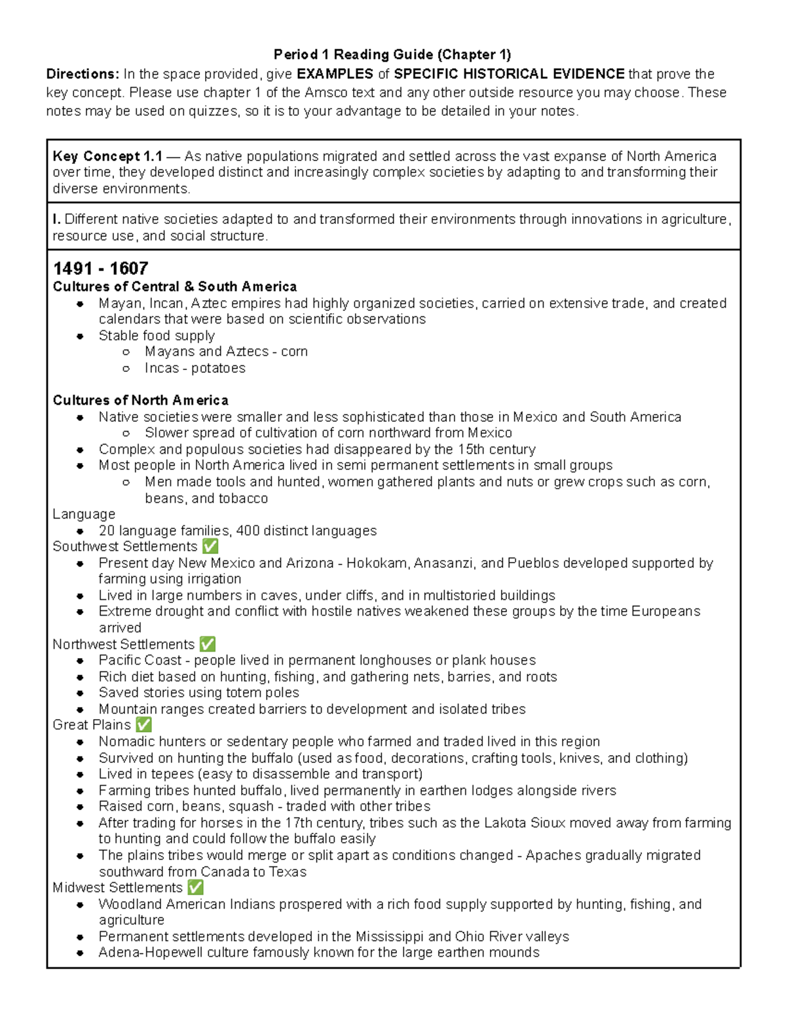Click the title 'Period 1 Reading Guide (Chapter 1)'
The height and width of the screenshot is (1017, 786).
tap(392, 54)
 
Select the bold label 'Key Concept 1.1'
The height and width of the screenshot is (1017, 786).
tap(107, 157)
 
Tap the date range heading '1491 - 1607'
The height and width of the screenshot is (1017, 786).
tap(100, 268)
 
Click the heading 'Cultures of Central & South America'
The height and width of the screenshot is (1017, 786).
tap(174, 287)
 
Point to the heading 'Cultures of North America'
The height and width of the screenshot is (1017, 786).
tap(140, 400)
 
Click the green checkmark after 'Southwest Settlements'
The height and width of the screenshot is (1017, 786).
tap(210, 547)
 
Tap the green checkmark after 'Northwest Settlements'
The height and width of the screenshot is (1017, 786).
tap(207, 644)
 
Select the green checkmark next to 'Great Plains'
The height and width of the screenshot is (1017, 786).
tap(143, 725)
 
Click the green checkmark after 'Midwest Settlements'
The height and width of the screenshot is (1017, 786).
tap(195, 888)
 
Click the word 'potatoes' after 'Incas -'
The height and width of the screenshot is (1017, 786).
tap(218, 368)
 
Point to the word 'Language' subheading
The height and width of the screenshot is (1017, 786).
tap(84, 514)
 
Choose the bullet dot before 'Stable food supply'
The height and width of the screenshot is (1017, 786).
tap(80, 336)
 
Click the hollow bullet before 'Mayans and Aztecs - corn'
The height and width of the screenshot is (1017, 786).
tap(126, 352)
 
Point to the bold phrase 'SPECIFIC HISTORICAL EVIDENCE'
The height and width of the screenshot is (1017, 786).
tap(509, 74)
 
